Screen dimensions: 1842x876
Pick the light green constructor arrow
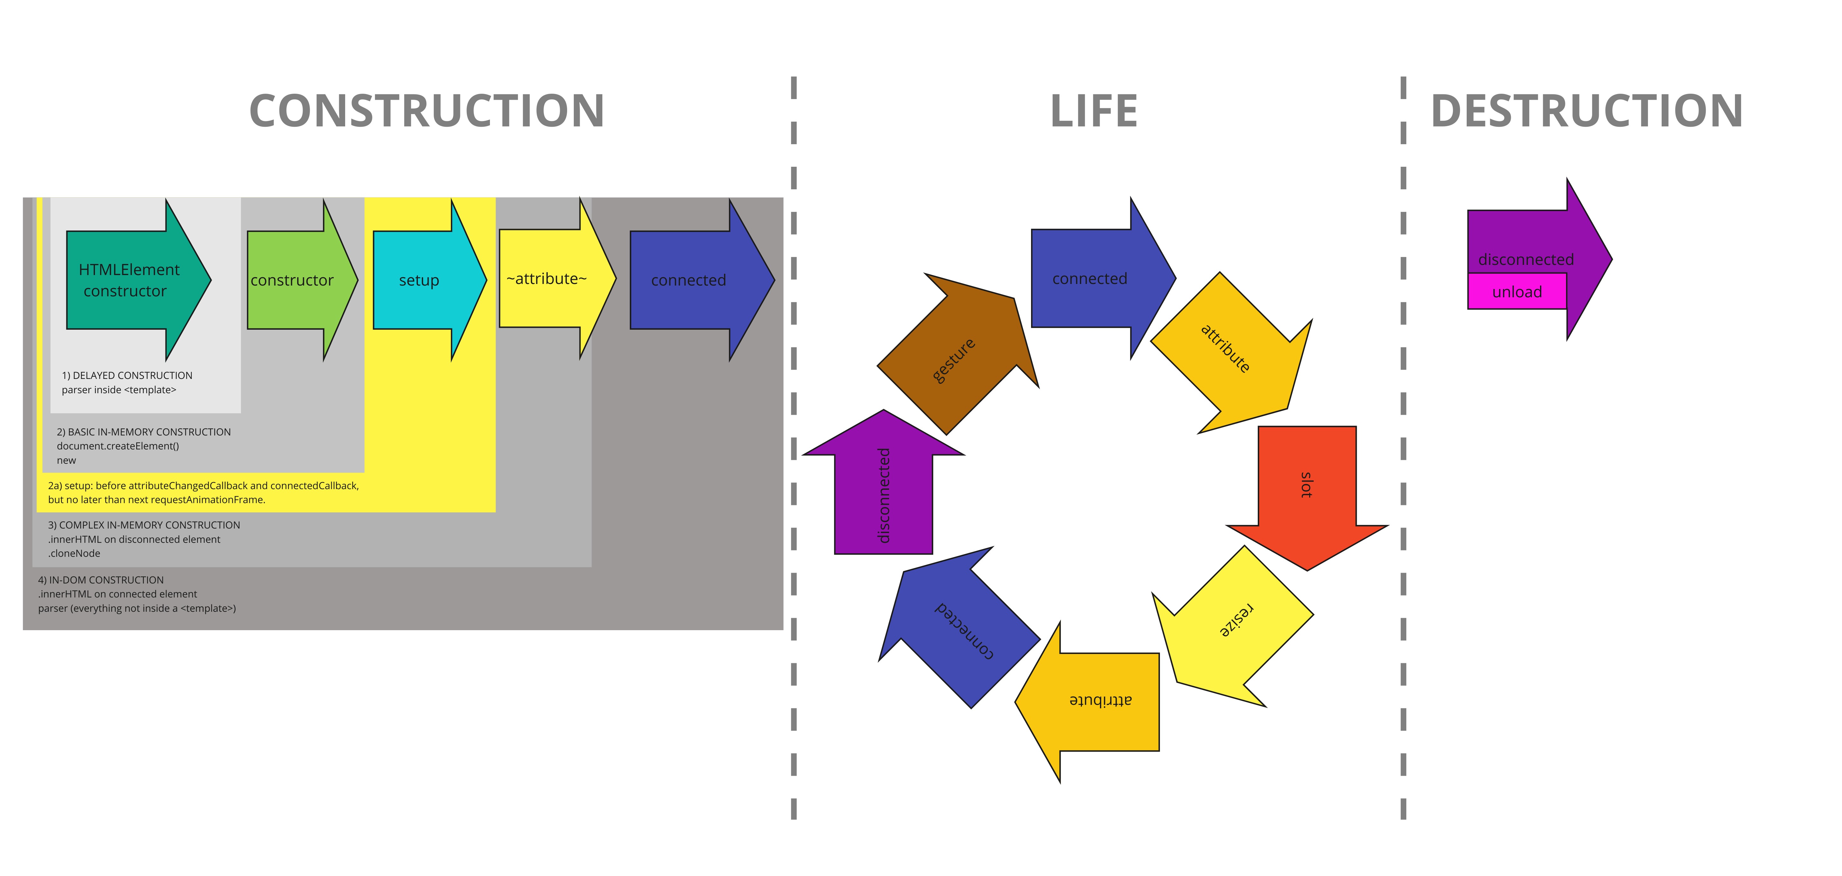pyautogui.click(x=302, y=280)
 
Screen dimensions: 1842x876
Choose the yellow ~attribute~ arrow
pyautogui.click(x=557, y=278)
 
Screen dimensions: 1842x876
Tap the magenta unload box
pyautogui.click(x=1517, y=292)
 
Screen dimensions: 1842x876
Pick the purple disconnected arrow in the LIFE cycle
pyautogui.click(x=884, y=481)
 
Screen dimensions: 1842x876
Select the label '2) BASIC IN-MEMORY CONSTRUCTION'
pyautogui.click(x=144, y=432)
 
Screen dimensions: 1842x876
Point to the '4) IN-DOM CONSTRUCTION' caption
pyautogui.click(x=101, y=580)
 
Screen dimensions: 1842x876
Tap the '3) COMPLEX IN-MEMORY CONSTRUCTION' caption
pyautogui.click(x=144, y=525)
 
